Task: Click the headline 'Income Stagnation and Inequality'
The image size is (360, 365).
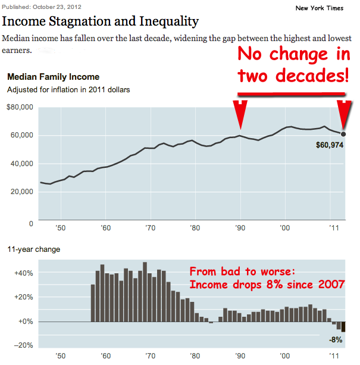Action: [101, 22]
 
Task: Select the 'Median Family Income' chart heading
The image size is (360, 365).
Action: [53, 77]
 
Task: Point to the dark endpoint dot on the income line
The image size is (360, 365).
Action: [343, 133]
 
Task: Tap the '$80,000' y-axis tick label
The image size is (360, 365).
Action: [20, 108]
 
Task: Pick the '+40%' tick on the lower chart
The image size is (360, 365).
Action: [23, 273]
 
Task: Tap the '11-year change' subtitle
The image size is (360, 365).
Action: [33, 249]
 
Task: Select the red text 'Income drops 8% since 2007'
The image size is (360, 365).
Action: [267, 285]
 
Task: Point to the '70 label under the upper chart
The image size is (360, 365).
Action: [151, 228]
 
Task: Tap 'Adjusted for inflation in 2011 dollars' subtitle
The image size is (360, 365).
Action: [68, 90]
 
